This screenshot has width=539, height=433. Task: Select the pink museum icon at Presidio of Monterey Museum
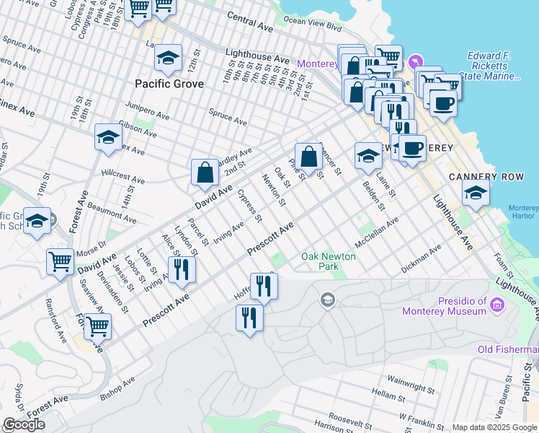tap(496, 306)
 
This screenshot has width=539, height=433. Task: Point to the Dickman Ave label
tap(421, 261)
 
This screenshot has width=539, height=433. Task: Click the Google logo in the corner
tap(23, 424)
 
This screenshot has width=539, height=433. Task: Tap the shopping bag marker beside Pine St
tap(308, 156)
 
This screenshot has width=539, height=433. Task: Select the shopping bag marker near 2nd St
tap(205, 172)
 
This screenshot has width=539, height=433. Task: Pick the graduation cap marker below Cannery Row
tap(476, 192)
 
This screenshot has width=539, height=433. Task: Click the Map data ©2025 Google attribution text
tap(494, 427)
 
